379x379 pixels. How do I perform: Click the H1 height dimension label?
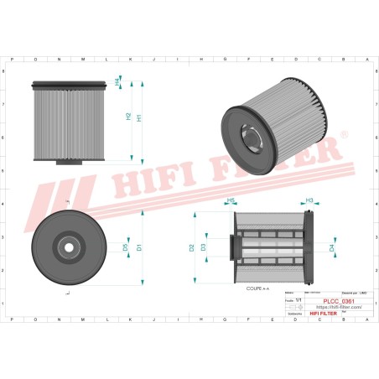139,118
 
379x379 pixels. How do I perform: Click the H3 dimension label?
309,200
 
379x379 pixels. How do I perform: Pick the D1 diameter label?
139,247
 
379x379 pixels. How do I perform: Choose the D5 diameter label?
126,247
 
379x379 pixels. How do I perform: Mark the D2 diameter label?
192,247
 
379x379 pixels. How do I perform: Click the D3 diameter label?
204,247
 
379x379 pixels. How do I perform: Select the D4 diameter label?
332,248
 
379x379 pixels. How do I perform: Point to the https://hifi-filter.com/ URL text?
328,308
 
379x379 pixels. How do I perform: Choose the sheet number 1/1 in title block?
298,301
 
